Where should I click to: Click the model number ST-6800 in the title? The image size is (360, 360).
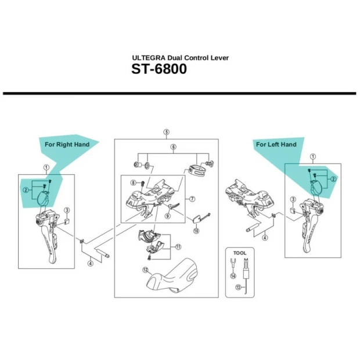tap(159, 73)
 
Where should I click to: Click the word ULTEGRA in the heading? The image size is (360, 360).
tap(148, 59)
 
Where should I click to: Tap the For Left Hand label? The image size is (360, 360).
tap(276, 144)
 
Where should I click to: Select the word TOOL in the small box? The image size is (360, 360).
tap(240, 253)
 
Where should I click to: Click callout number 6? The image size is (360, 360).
tap(173, 147)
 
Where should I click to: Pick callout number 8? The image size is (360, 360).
tap(132, 183)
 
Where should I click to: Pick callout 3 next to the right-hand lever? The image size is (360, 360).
tap(66, 210)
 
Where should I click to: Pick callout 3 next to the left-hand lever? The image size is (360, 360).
tap(292, 200)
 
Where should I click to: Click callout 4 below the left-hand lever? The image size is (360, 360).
tap(264, 237)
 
